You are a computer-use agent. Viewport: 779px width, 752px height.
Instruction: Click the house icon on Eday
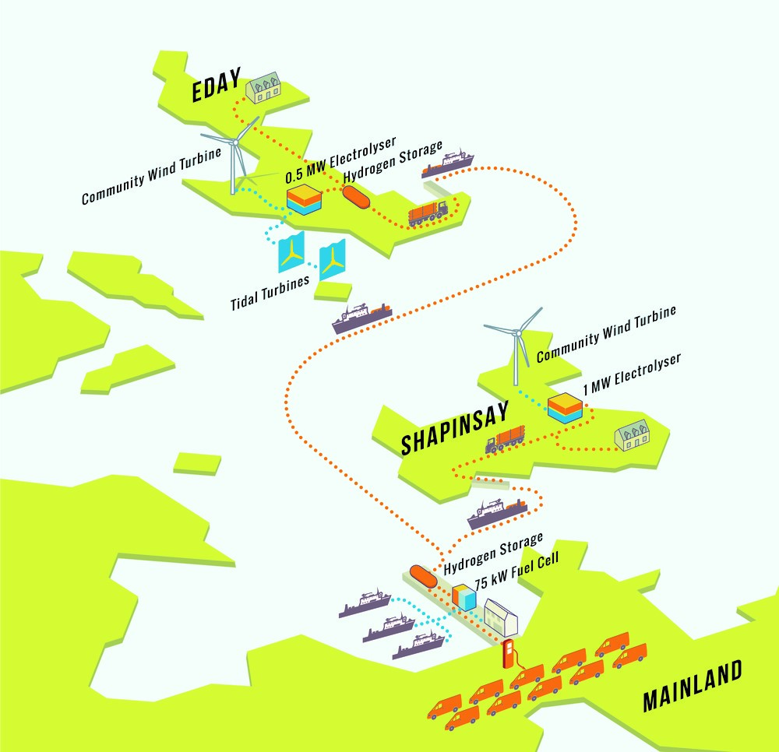[265, 90]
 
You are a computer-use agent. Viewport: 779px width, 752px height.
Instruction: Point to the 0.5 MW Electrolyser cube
[305, 200]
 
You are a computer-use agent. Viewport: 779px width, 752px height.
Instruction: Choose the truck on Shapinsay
[505, 439]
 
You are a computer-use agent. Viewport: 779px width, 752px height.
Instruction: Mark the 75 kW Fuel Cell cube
[464, 596]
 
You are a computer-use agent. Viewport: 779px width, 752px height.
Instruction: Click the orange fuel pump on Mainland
[509, 654]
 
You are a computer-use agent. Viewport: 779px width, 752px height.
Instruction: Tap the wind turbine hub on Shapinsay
[515, 332]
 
